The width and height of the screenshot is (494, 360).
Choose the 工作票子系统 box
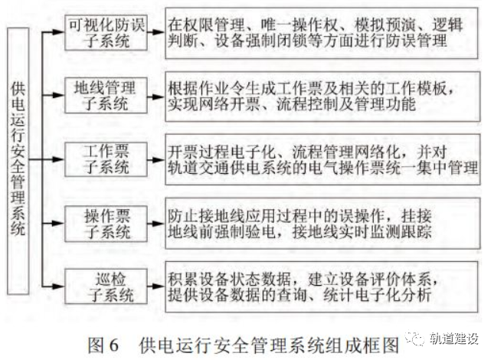click(106, 158)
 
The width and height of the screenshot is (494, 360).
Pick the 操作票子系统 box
click(106, 220)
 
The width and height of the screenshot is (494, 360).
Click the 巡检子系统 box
click(106, 283)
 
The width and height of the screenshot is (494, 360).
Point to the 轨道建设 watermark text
click(452, 339)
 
